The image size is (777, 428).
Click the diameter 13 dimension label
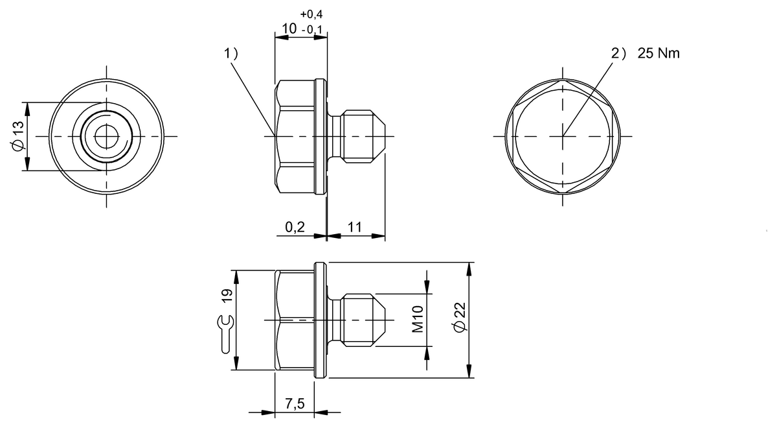(17, 136)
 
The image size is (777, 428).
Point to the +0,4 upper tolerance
(311, 14)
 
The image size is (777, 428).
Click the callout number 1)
(231, 54)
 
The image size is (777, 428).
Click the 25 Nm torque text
(659, 54)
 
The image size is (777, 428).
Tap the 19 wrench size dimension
(227, 296)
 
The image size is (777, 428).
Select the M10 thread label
(418, 319)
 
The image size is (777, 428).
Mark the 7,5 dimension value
(295, 403)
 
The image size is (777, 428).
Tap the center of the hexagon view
(562, 136)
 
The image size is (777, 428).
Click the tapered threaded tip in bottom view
(365, 320)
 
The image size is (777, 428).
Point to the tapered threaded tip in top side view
(365, 136)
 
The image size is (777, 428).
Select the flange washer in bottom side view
(319, 320)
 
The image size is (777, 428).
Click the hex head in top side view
(295, 137)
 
